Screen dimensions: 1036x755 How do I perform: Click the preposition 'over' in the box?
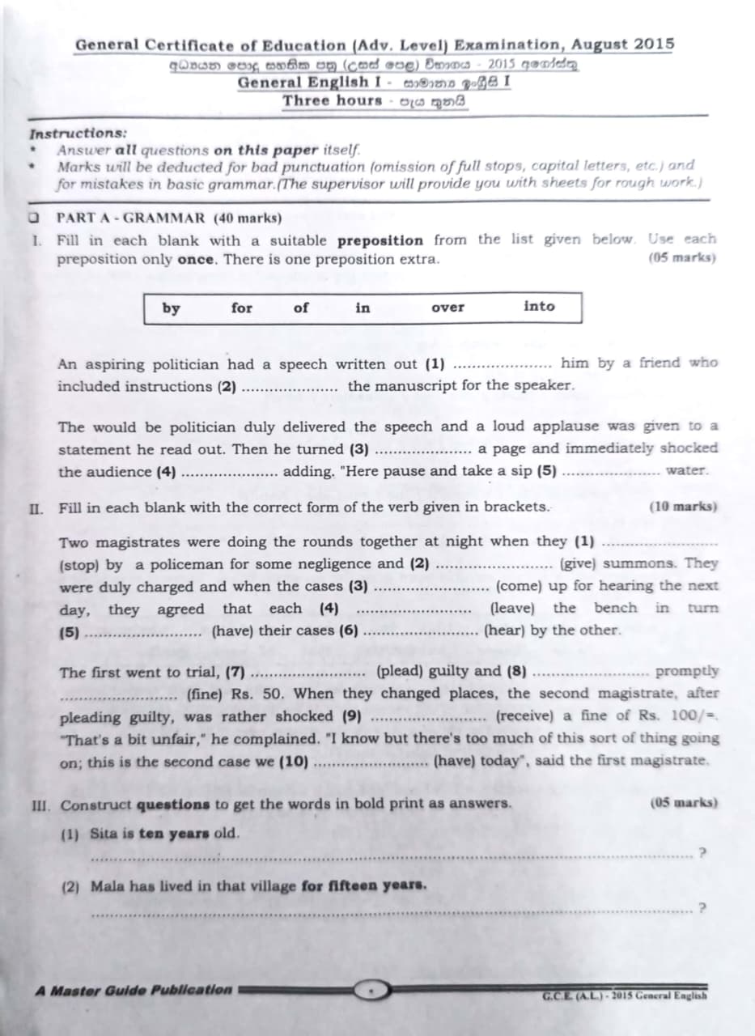[x=447, y=308]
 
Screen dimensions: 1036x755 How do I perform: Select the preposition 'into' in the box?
[x=539, y=306]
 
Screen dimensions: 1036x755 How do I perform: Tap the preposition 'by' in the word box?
[x=172, y=308]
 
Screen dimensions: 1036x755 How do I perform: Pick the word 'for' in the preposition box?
[x=241, y=308]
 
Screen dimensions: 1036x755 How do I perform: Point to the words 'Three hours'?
[x=332, y=101]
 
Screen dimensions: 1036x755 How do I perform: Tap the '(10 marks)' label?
[x=683, y=507]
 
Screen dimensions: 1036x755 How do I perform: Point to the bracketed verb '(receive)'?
[x=525, y=715]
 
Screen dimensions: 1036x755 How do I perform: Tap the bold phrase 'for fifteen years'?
[x=364, y=885]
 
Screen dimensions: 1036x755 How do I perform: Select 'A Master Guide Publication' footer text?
[x=134, y=990]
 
